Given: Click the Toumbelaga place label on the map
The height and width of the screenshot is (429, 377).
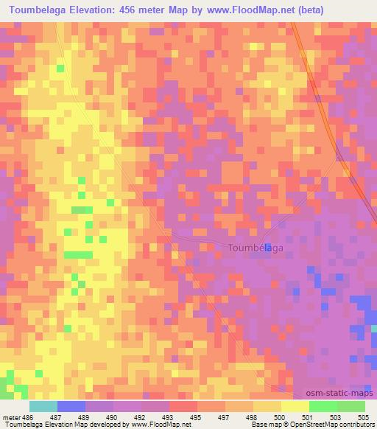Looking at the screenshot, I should click(x=255, y=248).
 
